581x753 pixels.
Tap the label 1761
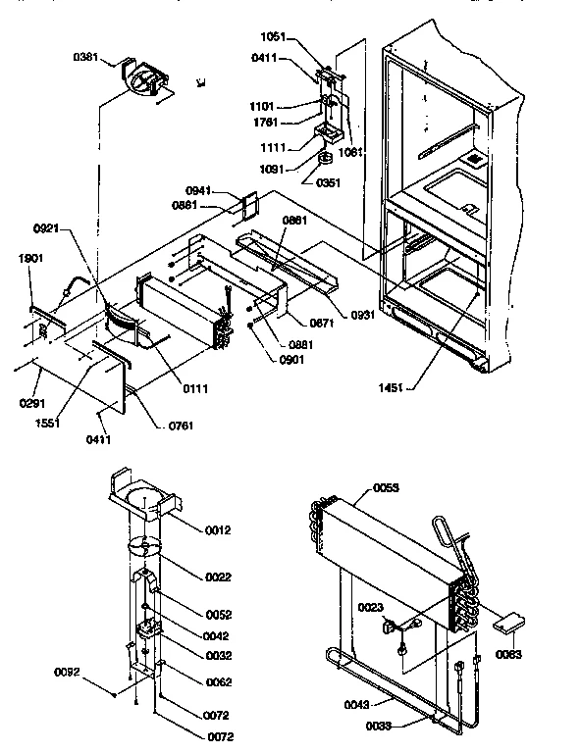[x=266, y=122]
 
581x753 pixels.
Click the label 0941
[x=199, y=191]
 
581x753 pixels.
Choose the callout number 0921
[x=46, y=227]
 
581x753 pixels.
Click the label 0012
[x=218, y=530]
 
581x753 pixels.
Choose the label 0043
[x=357, y=702]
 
